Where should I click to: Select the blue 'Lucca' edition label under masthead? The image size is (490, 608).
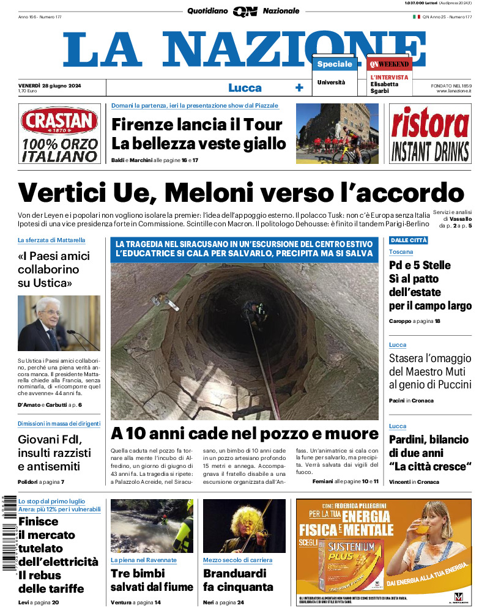click(x=245, y=87)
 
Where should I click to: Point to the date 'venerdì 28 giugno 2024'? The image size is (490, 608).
click(x=50, y=85)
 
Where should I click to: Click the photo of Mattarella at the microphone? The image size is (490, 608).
click(x=59, y=324)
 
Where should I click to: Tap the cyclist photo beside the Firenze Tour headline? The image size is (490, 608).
click(x=337, y=133)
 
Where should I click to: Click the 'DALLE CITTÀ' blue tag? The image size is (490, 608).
click(x=408, y=240)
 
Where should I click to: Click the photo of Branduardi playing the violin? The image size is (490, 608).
click(x=244, y=526)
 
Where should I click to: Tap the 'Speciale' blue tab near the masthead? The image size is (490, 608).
click(x=335, y=64)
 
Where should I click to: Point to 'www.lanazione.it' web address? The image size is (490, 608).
click(x=454, y=91)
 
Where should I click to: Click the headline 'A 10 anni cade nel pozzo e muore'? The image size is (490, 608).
click(x=245, y=434)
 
